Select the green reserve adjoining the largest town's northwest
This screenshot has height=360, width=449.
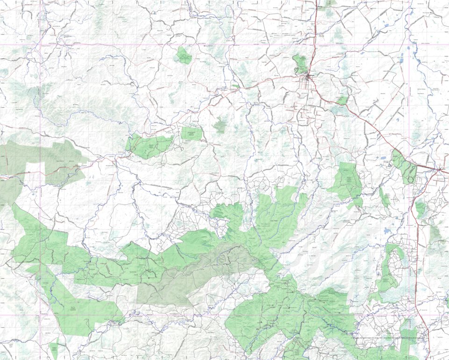tap(300, 64)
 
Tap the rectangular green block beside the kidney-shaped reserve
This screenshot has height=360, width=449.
tap(192, 134)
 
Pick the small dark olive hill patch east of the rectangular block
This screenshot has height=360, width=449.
tap(219, 125)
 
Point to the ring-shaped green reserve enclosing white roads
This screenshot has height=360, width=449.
tap(390, 266)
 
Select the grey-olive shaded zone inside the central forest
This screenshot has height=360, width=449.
tap(196, 276)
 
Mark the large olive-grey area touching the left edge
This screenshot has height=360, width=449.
tap(42, 159)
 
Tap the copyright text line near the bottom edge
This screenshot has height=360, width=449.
tap(388, 338)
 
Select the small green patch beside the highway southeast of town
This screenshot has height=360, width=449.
tap(342, 100)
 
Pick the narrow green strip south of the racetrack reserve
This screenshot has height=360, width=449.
tap(384, 198)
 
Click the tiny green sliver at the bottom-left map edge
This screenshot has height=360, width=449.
tap(53, 350)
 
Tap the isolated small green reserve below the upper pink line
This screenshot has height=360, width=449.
tap(184, 56)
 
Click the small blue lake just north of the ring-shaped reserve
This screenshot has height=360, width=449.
tap(387, 231)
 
